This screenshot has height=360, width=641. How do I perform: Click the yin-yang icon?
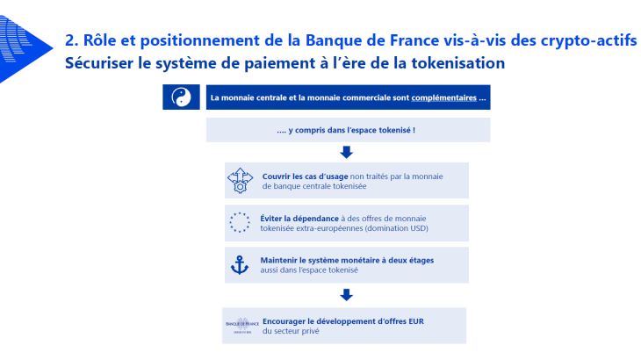(182, 97)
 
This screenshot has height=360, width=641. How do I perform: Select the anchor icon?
(239, 264)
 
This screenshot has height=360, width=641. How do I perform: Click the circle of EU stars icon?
(239, 223)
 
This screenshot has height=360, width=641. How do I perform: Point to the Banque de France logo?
(239, 326)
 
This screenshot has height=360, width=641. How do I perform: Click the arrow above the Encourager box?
(346, 295)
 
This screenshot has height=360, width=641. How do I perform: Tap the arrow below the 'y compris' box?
(346, 153)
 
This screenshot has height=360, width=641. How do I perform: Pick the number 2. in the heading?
(72, 40)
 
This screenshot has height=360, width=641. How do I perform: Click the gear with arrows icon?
(239, 181)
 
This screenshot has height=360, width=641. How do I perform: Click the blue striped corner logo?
(22, 40)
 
